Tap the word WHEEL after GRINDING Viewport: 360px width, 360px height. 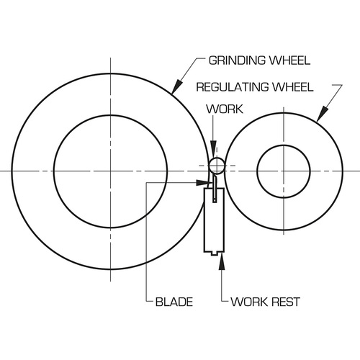pos(289,60)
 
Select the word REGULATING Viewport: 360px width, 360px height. pos(233,87)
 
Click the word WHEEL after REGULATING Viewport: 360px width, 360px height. pos(293,87)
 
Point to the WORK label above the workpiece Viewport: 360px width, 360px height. pos(225,109)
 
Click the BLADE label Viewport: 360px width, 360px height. pos(174,302)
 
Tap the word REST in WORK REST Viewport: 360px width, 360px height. pos(286,302)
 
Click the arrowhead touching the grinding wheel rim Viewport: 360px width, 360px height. pos(176,86)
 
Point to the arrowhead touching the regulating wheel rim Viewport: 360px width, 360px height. pos(322,114)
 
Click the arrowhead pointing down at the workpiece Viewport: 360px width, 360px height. pos(213,146)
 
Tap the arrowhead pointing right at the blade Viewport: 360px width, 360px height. pos(203,183)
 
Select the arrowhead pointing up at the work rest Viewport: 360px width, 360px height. pos(222,261)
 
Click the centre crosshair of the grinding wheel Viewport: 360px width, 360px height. pos(110,171)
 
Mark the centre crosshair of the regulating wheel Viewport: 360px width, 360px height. pos(284,171)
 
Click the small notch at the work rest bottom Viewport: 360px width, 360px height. pos(214,253)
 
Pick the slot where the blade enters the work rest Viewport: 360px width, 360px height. pos(215,195)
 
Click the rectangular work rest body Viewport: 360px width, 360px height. pos(214,220)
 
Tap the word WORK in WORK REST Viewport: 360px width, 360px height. pos(249,302)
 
